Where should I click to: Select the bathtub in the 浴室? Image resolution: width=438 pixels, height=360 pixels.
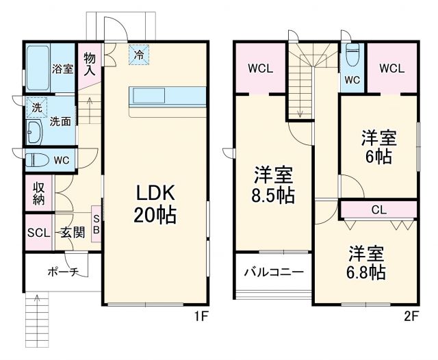(38, 68)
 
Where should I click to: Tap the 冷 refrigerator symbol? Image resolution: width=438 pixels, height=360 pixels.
(139, 53)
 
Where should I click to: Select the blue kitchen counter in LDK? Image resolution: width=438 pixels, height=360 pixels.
(167, 97)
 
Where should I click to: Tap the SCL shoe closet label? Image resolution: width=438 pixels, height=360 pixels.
(38, 233)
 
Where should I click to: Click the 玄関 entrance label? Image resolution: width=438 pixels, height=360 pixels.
(70, 233)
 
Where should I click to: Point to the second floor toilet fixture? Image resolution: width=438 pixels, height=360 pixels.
(352, 53)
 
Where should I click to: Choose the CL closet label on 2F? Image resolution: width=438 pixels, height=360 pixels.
(378, 209)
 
